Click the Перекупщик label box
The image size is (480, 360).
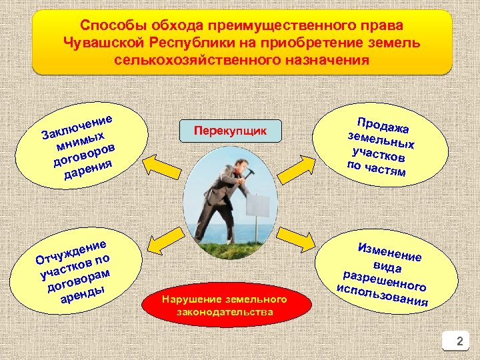pyautogui.click(x=230, y=131)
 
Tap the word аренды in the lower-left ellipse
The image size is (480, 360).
pyautogui.click(x=81, y=294)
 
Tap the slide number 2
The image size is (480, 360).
pyautogui.click(x=458, y=343)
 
